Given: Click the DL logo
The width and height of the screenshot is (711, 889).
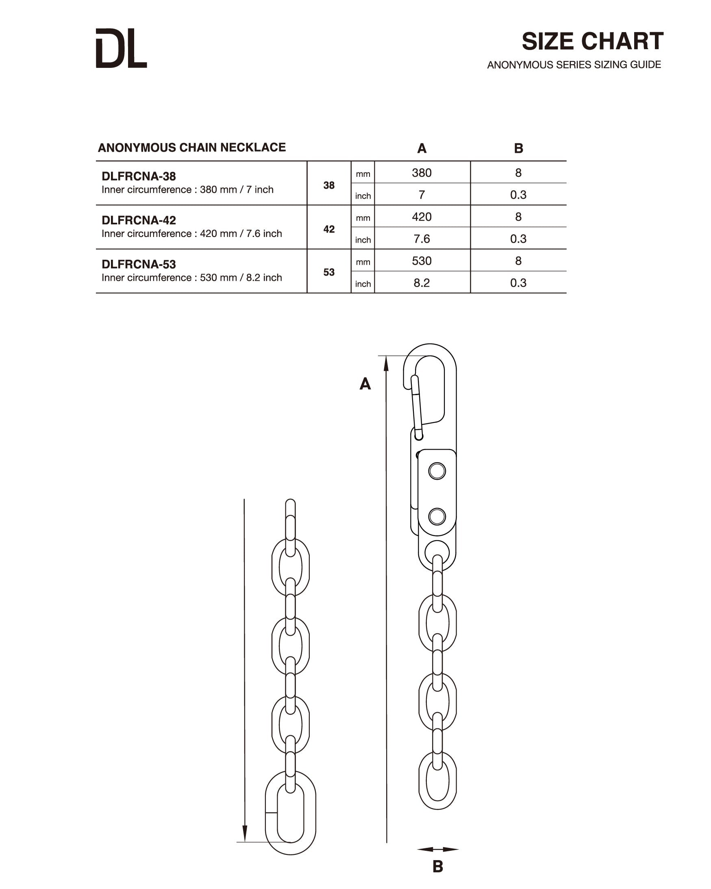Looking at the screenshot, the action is click(121, 48).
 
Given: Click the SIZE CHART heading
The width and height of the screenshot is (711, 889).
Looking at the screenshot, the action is click(592, 41).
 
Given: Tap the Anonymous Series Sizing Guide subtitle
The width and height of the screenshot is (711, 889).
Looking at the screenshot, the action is click(574, 65).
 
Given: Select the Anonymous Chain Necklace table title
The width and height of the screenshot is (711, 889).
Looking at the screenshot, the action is click(192, 148).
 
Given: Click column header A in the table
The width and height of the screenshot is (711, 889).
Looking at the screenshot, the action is click(422, 148).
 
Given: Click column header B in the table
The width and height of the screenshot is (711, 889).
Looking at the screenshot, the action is click(518, 148).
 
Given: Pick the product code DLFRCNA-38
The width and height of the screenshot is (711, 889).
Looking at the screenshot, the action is click(139, 176).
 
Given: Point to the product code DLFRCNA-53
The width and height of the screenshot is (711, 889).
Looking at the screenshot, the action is click(139, 264).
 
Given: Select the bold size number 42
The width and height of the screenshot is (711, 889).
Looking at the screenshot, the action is click(329, 229).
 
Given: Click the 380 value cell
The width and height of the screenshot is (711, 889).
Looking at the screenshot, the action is click(422, 173).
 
